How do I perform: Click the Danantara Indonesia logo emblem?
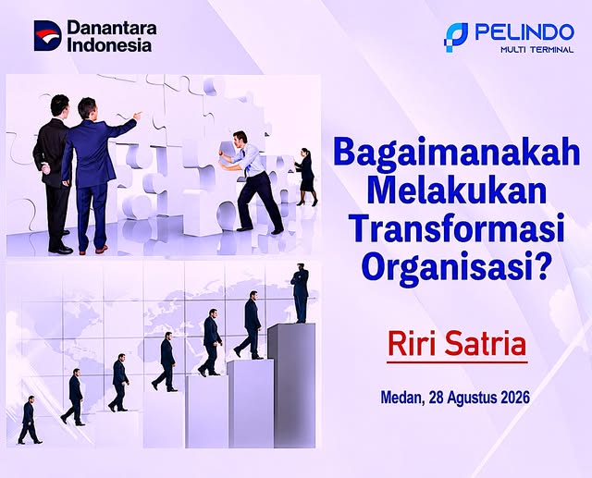point(47,35)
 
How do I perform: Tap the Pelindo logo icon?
point(456,37)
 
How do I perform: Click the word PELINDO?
point(524,32)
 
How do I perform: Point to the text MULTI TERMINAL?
point(536,49)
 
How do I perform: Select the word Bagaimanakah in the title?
point(456,153)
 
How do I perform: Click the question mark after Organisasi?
point(540,264)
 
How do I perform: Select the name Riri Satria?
point(457,344)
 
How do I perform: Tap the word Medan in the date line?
point(401,398)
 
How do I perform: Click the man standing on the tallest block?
point(300,293)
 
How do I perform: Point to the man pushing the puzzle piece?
point(251,180)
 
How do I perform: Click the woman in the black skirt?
point(306,177)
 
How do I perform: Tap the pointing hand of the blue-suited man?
point(138,115)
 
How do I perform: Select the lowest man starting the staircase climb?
point(30,420)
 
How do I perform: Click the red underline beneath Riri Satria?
point(457,362)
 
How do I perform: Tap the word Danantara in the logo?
point(112,29)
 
